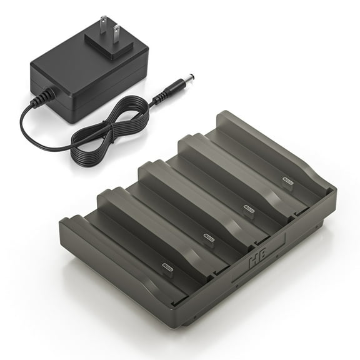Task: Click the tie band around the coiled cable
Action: tap(110, 134)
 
